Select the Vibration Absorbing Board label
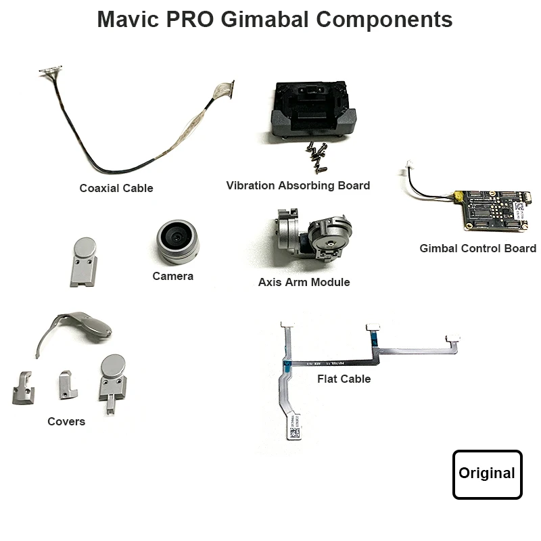(x=298, y=185)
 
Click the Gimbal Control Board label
(x=477, y=248)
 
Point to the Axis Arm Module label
(x=304, y=282)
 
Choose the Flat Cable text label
(x=344, y=379)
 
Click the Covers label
(x=66, y=421)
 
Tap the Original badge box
(x=487, y=474)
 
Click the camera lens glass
(x=177, y=237)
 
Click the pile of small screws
(x=315, y=151)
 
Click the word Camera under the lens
(x=172, y=276)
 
